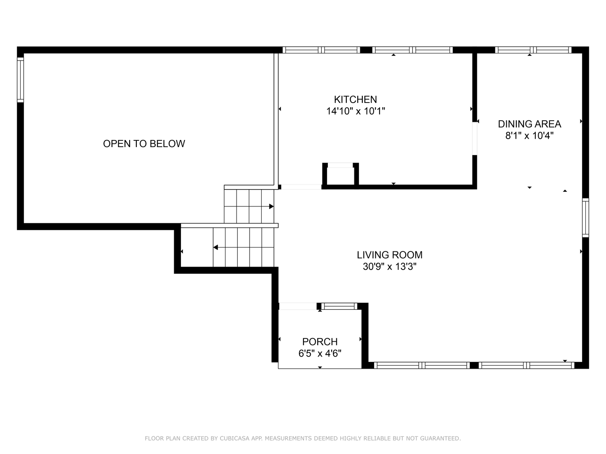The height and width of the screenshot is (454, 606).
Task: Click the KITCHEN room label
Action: point(355,100)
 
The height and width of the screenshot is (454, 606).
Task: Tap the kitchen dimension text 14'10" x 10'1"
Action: point(355,111)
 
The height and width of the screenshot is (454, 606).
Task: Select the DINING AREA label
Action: point(529,124)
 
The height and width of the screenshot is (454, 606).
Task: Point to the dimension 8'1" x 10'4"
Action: point(529,136)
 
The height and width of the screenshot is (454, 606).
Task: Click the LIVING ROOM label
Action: point(389,255)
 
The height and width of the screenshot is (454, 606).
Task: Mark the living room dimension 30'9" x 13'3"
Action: point(389,267)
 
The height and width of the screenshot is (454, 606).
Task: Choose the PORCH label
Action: point(320,342)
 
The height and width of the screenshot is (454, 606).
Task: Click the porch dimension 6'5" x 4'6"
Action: point(320,354)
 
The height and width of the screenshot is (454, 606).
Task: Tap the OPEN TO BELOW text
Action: point(144,144)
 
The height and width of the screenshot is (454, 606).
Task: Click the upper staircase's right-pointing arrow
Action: point(271,206)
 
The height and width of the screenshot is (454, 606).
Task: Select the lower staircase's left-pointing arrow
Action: point(215,248)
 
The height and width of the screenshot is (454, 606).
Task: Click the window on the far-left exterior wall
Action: point(20,80)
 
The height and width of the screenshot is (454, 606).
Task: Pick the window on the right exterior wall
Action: point(585,218)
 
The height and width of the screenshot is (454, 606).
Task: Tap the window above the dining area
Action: point(533,50)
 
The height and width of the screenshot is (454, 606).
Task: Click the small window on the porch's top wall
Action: point(339,306)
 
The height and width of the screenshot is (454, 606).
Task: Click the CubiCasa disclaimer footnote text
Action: point(303,438)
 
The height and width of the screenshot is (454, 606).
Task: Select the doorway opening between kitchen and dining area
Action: point(475,138)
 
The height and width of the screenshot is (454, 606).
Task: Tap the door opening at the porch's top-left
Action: point(298,306)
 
